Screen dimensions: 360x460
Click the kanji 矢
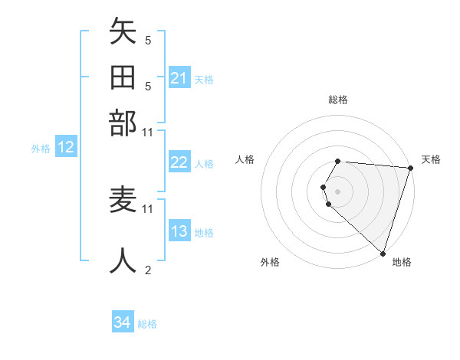(123, 34)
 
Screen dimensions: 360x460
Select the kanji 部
(123, 123)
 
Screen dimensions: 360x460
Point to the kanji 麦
(123, 201)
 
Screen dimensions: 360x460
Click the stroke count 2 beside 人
(148, 270)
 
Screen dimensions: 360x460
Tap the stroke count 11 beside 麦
(148, 208)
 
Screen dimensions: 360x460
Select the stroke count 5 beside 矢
(148, 41)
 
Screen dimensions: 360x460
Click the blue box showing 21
(179, 77)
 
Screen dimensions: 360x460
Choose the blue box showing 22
(179, 162)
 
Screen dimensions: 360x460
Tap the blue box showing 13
(179, 232)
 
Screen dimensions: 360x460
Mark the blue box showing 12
(66, 148)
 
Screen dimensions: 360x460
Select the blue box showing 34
(122, 322)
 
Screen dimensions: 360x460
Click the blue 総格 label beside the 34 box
(147, 324)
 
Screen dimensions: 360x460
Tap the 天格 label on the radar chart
(431, 159)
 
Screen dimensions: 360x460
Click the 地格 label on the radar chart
(402, 262)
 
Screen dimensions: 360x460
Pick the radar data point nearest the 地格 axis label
(383, 253)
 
